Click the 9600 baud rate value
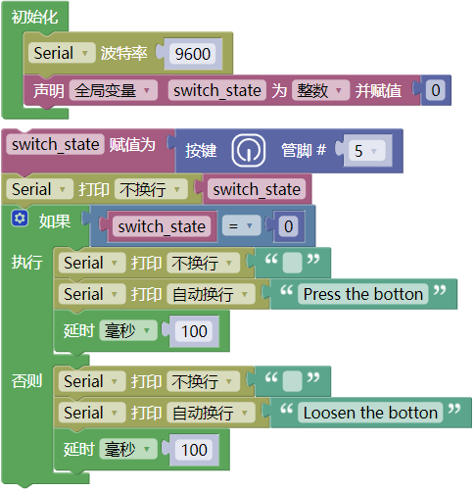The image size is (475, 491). (x=192, y=54)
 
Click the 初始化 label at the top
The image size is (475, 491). (x=35, y=17)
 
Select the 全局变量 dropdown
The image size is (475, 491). (x=113, y=90)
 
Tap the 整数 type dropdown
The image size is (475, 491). (x=320, y=90)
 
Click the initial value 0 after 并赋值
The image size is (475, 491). (x=436, y=90)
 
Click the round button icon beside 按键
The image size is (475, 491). (x=249, y=150)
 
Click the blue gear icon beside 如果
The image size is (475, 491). (x=20, y=218)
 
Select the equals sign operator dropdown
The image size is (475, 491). (x=241, y=225)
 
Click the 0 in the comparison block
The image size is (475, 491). (x=288, y=226)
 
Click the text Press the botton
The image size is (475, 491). (x=362, y=294)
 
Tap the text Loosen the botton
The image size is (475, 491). (x=370, y=413)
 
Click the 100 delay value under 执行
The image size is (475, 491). (x=194, y=331)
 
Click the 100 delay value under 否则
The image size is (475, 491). (x=194, y=450)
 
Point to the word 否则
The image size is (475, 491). (x=26, y=381)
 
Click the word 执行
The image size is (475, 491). (x=26, y=263)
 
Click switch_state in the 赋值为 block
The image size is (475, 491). (x=55, y=144)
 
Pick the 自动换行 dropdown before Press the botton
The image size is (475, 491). (x=211, y=294)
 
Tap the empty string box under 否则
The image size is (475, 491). (x=292, y=381)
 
